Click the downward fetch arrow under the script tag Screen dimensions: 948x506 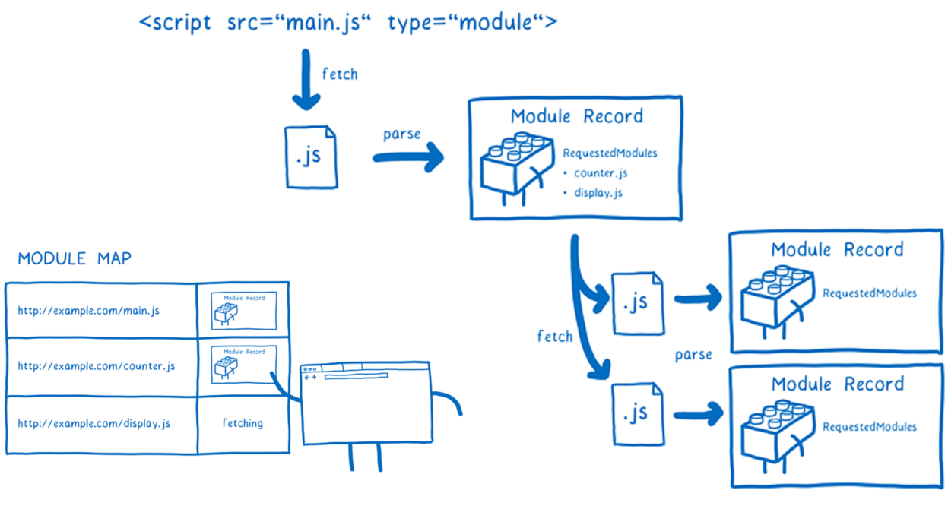306,81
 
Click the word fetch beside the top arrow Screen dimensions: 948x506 340,74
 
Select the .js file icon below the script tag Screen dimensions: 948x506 311,157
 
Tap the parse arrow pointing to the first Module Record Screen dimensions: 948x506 408,157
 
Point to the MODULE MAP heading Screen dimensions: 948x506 75,258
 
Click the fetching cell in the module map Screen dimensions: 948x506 243,423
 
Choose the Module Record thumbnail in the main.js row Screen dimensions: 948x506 244,311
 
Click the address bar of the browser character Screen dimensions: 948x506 356,376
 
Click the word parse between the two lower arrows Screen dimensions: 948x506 693,355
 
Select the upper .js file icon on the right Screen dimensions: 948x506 638,303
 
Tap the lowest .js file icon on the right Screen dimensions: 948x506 638,414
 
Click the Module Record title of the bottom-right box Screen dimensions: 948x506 838,384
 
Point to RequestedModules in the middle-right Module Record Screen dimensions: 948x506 870,293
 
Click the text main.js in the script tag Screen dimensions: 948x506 322,23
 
